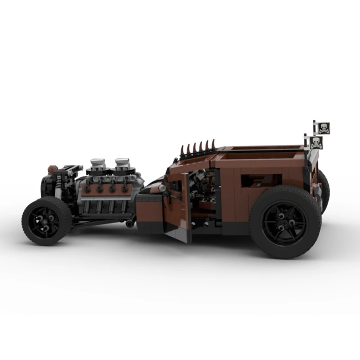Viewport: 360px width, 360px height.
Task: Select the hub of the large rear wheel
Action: tap(285, 221)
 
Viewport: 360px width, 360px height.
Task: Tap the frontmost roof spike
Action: tap(182, 150)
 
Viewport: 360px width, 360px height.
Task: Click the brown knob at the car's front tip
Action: tap(50, 169)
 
